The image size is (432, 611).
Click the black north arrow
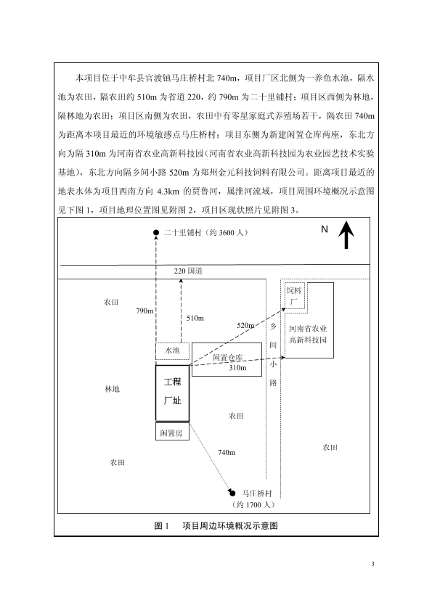tap(346, 234)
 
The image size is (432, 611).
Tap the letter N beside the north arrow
tap(325, 229)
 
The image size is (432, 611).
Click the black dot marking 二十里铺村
tap(156, 233)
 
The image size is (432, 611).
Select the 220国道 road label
tap(188, 271)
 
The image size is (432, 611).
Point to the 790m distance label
tap(144, 311)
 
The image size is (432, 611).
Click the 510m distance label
tap(195, 318)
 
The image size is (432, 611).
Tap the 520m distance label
tap(245, 325)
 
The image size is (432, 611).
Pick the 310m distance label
tap(237, 367)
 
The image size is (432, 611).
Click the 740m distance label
tap(227, 452)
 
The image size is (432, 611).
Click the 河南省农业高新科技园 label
tap(308, 335)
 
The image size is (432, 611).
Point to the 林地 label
tap(112, 389)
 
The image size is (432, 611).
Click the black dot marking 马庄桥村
tap(233, 493)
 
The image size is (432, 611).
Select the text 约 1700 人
tap(253, 504)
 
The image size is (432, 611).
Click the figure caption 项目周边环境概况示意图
tap(230, 525)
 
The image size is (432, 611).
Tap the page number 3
tap(372, 564)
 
